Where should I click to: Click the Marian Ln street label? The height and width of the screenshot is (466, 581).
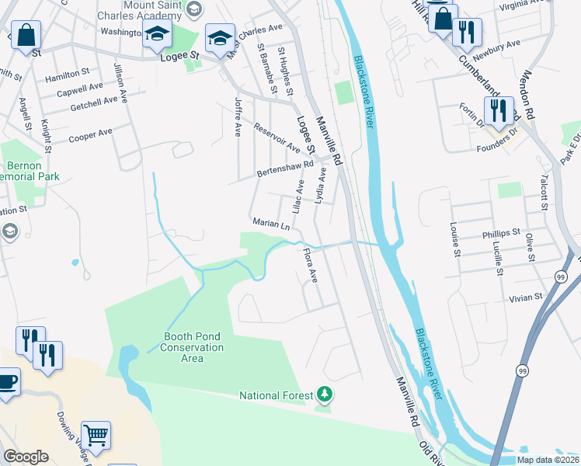tap(270, 223)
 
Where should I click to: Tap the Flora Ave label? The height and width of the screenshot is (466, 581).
tap(311, 266)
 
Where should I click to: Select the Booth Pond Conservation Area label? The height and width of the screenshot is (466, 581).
tap(193, 343)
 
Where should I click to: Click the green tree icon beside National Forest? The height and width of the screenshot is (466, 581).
tap(325, 395)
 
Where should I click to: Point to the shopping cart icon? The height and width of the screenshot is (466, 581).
tap(96, 436)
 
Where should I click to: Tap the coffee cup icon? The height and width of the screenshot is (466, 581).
tap(7, 381)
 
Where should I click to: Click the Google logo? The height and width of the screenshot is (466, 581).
tap(26, 457)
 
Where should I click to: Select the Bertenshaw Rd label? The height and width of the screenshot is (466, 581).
tap(285, 169)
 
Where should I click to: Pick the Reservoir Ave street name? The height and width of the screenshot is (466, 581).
tap(277, 137)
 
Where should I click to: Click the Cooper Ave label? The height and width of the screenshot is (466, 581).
tap(90, 134)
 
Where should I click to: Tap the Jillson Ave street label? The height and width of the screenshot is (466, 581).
tap(120, 83)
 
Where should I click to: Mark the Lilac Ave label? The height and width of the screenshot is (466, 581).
tap(297, 198)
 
